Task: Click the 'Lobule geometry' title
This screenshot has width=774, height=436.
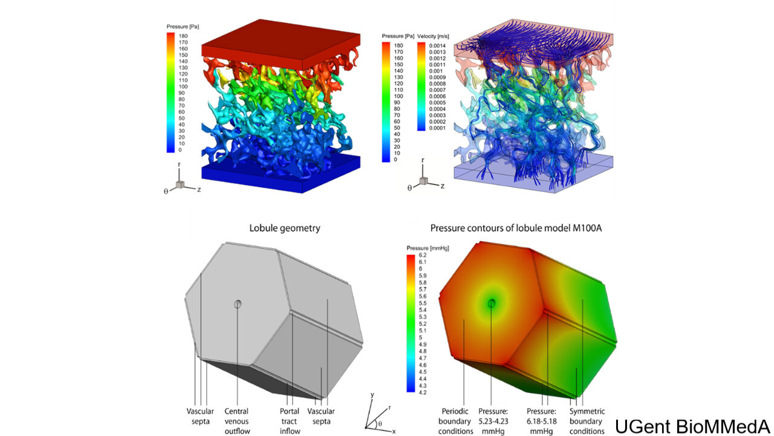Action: pos(285,228)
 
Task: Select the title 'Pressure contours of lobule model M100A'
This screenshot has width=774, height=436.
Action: pos(516,228)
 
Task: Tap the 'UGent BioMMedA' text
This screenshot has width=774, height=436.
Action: pos(694,426)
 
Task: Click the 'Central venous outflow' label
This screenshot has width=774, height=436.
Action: pos(236,421)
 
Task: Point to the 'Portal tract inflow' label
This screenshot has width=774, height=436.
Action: pos(290,421)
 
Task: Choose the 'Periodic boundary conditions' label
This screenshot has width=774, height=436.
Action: pos(455,421)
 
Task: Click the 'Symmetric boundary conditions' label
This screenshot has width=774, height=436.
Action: pos(587,421)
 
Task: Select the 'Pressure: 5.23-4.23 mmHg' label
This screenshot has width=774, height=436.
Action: pos(493,421)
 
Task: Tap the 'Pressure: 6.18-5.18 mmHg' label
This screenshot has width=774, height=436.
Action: pos(541,421)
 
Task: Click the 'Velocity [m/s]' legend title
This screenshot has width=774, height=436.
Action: pos(433,36)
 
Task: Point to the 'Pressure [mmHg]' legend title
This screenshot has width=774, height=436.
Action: pos(428,248)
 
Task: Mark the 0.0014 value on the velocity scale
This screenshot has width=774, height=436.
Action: pos(437,45)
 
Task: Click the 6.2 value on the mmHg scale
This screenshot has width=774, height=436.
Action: pos(423,255)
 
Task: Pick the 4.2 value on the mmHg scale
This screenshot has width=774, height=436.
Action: pos(423,392)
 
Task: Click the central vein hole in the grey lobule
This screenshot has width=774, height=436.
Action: pos(238,304)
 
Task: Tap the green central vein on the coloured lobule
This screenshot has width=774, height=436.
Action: pos(492,303)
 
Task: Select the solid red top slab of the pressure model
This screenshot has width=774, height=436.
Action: pos(281,44)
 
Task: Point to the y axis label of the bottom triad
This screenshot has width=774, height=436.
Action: pos(372,395)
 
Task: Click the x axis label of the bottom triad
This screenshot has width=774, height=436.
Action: pos(394,432)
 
